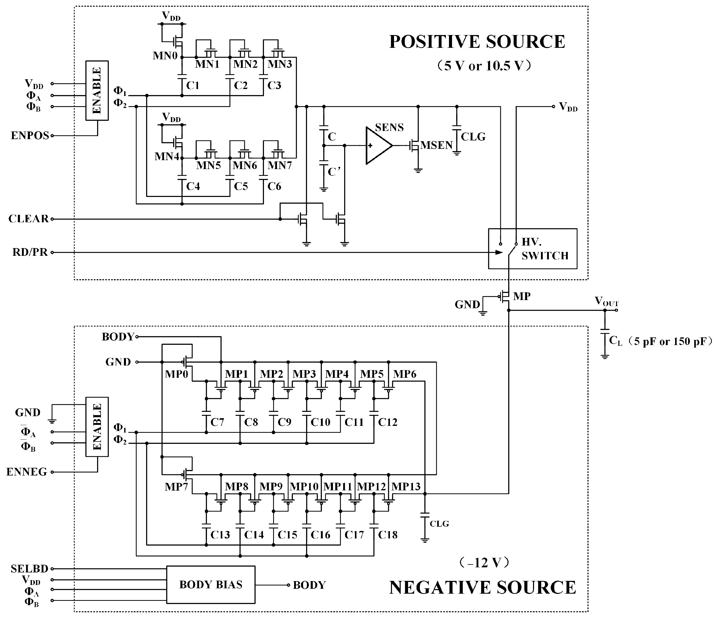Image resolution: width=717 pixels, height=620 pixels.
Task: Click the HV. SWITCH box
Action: [532, 249]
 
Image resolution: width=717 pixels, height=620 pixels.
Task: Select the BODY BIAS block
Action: [211, 585]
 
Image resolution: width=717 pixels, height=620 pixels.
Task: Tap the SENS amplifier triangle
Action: [377, 146]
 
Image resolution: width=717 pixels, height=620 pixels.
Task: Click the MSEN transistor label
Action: [436, 146]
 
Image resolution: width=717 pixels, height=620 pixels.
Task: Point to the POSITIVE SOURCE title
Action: [477, 42]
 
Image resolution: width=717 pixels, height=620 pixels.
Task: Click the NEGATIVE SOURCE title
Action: [482, 588]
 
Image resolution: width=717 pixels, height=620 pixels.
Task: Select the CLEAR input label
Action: [28, 219]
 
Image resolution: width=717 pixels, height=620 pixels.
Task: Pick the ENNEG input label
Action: [27, 472]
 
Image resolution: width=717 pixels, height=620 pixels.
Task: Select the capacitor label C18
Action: [388, 535]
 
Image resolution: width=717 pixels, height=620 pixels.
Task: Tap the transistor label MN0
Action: [165, 56]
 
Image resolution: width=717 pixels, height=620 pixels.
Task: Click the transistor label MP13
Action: [406, 487]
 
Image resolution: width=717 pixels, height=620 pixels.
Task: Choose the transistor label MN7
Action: [280, 165]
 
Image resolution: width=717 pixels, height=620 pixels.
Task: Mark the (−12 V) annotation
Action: [484, 563]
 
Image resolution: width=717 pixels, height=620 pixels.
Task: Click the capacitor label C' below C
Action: [334, 172]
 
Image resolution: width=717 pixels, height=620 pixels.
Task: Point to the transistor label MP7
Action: [176, 487]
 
